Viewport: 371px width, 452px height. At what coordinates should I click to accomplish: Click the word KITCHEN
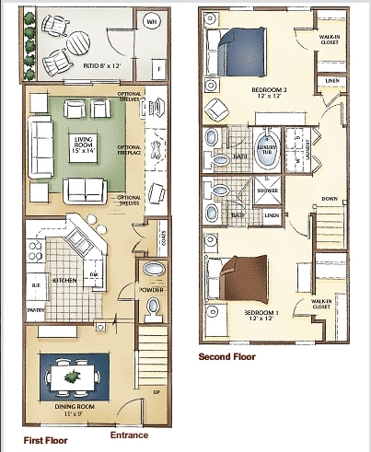(x=64, y=278)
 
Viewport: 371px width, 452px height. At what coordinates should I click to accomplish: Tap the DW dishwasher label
(x=94, y=275)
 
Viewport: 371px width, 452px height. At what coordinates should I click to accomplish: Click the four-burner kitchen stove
(x=36, y=249)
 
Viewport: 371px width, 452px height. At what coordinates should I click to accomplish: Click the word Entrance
(x=128, y=435)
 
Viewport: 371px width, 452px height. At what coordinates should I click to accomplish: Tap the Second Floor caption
(x=228, y=356)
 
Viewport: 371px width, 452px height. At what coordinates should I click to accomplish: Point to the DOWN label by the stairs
(x=329, y=199)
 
